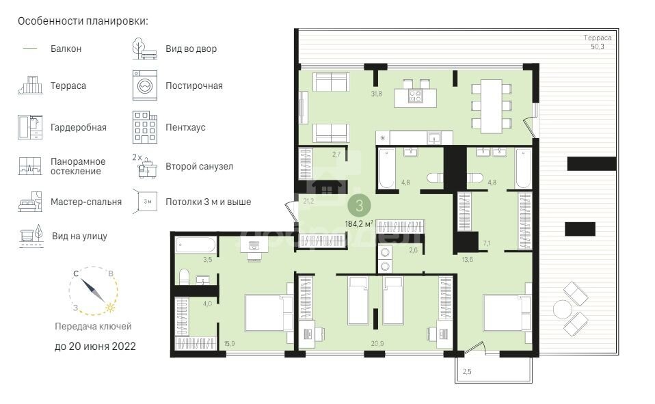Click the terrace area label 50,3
(x=597, y=46)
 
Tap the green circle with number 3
(x=359, y=206)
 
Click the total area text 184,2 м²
(x=359, y=224)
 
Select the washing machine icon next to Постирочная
(x=145, y=85)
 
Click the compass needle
(x=93, y=291)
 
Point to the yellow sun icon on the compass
(x=110, y=308)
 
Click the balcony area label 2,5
(x=467, y=371)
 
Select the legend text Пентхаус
(x=185, y=127)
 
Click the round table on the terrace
(x=562, y=310)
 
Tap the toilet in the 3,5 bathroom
(x=184, y=277)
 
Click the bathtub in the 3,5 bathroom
(x=196, y=245)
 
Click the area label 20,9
(x=377, y=343)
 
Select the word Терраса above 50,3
(x=598, y=38)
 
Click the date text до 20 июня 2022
(x=95, y=347)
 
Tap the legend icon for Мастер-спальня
(x=30, y=202)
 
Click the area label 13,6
(x=467, y=260)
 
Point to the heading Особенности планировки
(x=83, y=21)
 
